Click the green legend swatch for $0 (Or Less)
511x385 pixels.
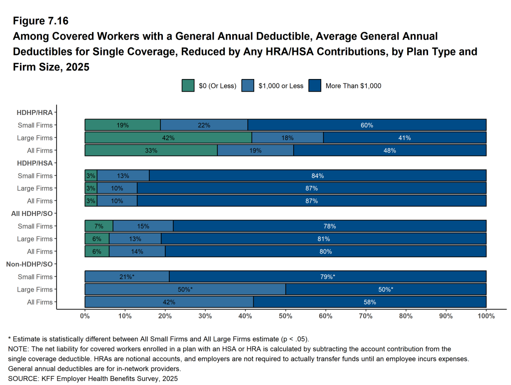point(188,85)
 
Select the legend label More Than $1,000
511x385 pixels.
point(353,85)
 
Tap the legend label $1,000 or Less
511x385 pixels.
point(281,85)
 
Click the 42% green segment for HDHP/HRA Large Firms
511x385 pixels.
point(168,138)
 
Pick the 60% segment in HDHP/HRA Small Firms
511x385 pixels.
point(367,125)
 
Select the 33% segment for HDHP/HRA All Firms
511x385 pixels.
point(151,150)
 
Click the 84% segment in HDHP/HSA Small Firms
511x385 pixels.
point(318,176)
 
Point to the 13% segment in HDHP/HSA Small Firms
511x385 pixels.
point(123,176)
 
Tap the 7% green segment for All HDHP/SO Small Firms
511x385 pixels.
point(99,226)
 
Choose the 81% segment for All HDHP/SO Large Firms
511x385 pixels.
point(324,239)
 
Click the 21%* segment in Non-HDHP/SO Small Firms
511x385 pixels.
point(127,277)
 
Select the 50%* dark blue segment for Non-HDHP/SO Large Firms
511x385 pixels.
point(386,289)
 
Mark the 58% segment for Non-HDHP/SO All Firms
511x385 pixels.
point(370,302)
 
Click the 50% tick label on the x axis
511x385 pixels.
point(285,316)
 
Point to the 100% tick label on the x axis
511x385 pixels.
point(486,316)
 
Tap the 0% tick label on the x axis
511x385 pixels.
point(85,316)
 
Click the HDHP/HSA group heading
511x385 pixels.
point(34,163)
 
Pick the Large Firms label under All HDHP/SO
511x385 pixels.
point(34,239)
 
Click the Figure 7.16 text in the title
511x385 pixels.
point(40,21)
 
